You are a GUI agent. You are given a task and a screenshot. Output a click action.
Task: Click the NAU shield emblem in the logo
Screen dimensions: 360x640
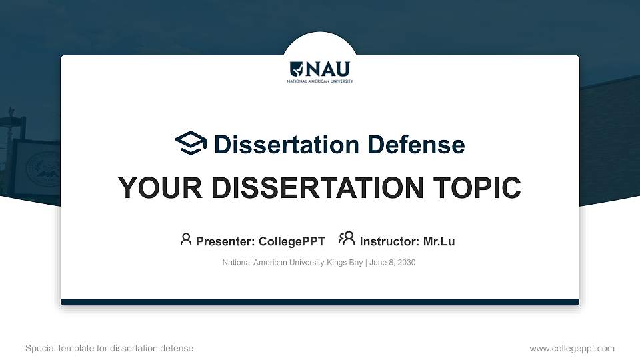pos(297,69)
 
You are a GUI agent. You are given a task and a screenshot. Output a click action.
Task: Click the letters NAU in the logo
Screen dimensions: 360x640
pos(327,69)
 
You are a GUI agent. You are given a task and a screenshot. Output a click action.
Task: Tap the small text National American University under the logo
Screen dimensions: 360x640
pos(320,81)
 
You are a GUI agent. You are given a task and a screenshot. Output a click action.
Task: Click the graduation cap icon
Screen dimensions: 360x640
pos(191,143)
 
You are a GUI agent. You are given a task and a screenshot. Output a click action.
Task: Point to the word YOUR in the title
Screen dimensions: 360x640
pos(155,188)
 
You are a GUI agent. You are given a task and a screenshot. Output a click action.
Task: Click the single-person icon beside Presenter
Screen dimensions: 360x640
pos(186,239)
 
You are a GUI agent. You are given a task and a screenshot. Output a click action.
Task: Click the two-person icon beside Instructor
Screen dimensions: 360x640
pos(347,239)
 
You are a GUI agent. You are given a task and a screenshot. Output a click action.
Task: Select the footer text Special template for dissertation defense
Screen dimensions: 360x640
pos(109,348)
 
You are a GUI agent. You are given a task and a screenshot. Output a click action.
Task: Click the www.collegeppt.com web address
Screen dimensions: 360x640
pos(572,348)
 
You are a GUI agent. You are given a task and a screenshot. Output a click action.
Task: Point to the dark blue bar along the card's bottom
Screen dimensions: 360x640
pos(320,302)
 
